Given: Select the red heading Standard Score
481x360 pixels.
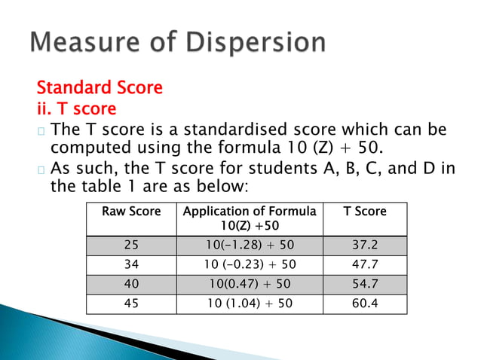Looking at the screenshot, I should (100, 87).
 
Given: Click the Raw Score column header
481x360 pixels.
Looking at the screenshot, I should (131, 212).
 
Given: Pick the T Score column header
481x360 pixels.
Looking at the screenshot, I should (364, 212).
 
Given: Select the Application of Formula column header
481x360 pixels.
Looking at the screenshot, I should (250, 218).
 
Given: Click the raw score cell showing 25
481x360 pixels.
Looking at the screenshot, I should (131, 246).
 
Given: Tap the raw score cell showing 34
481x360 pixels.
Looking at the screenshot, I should (131, 264).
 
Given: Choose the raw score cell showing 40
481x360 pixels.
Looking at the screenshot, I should (131, 284).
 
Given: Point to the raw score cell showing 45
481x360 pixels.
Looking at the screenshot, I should (131, 303).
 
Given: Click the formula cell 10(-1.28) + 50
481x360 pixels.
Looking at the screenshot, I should (250, 246).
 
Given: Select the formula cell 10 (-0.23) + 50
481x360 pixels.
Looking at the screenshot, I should (250, 264).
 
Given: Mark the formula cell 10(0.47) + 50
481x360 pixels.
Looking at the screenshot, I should (250, 284).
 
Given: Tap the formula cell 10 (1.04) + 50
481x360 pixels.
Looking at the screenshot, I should (250, 303).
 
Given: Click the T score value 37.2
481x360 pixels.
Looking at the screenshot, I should (364, 246).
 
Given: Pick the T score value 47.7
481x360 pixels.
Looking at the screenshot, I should (364, 264).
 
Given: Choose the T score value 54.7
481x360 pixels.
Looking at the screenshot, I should (364, 284).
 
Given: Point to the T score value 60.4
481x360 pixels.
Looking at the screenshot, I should (364, 303).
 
